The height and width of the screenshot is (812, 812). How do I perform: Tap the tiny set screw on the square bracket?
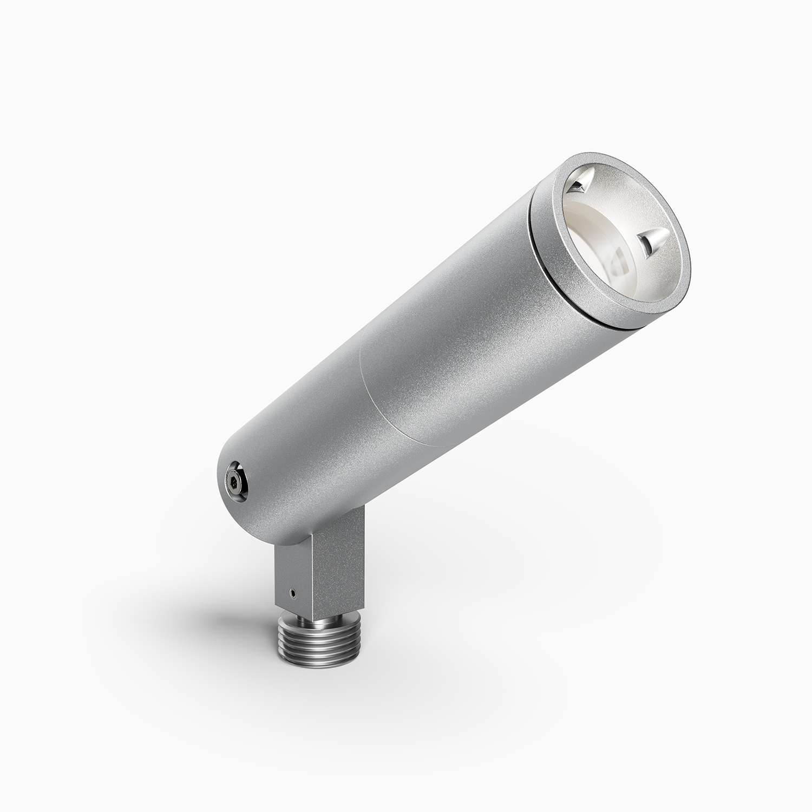[292, 593]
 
